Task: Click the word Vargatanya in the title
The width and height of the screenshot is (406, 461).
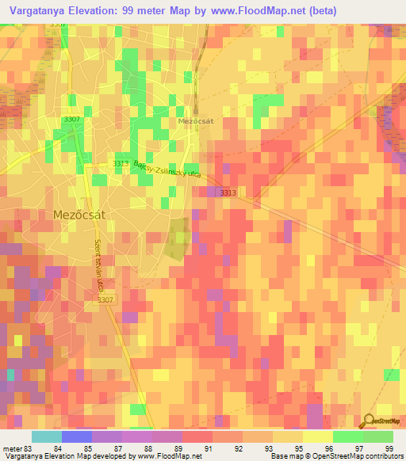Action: [x=40, y=11]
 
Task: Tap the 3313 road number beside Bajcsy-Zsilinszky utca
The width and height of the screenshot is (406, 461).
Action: [x=121, y=164]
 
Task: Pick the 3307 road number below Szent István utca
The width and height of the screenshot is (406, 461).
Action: [x=107, y=299]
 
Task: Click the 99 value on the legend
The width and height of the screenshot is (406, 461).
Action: [x=389, y=448]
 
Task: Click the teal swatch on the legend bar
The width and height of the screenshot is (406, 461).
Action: [x=47, y=436]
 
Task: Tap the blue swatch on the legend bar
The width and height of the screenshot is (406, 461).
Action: [x=77, y=436]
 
